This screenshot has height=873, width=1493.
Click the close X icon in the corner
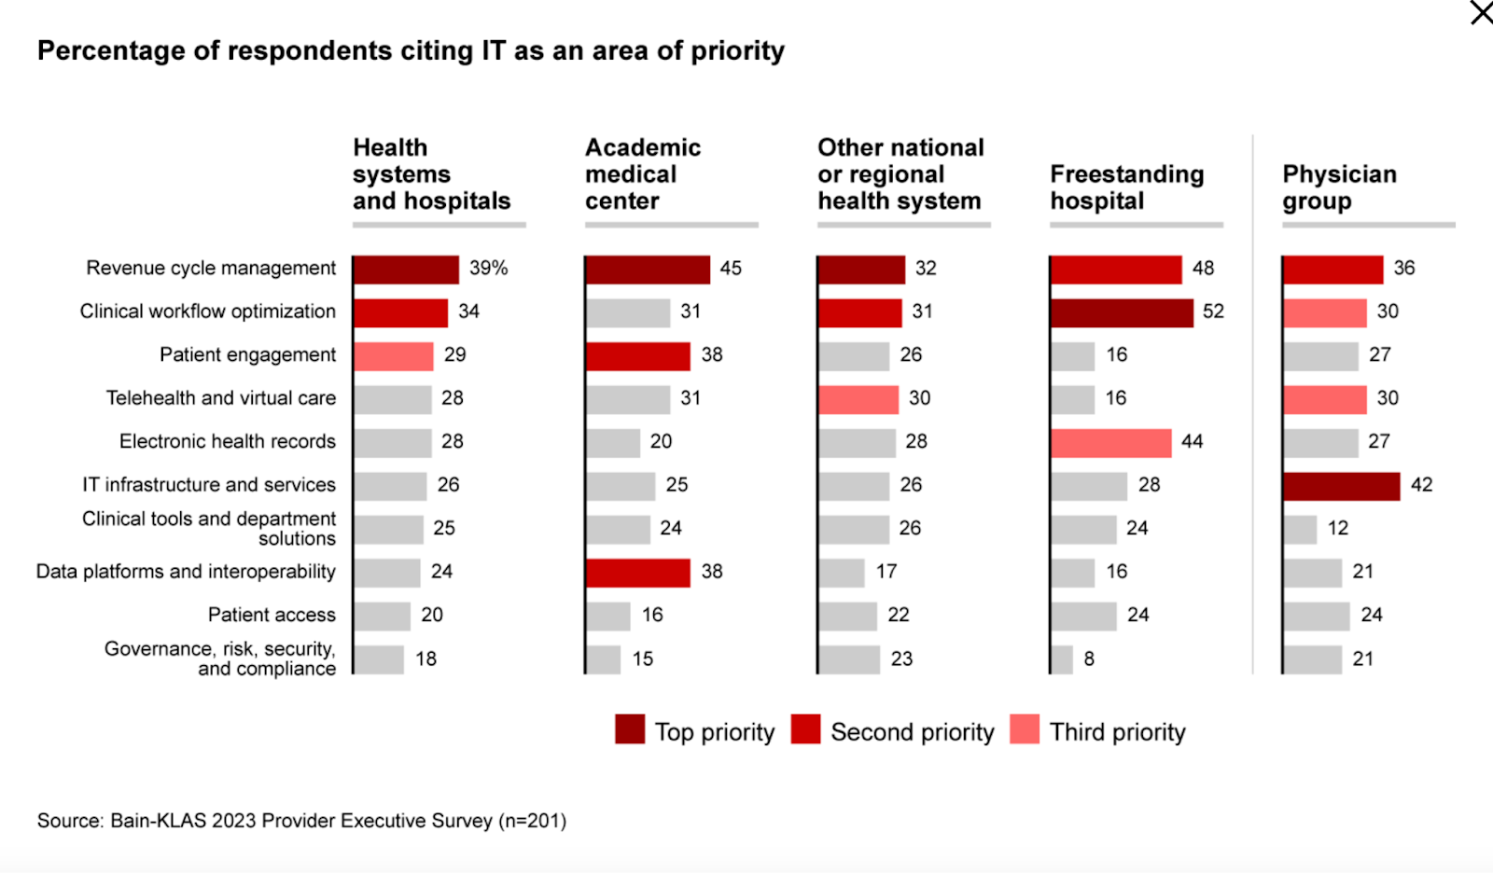(1481, 13)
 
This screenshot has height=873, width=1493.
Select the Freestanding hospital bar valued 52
(1122, 312)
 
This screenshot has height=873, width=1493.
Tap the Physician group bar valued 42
(1342, 486)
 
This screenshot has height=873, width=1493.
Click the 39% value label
(488, 269)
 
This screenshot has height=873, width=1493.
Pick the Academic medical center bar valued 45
(648, 270)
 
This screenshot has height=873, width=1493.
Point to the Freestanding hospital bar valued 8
(1062, 659)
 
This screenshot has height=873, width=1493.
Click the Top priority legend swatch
(630, 729)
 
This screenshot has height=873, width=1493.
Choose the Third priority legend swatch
(1025, 729)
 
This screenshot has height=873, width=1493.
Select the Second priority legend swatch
(805, 729)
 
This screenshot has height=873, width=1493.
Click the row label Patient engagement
(247, 355)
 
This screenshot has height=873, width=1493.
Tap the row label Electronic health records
(227, 442)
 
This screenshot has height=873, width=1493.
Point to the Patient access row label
(272, 616)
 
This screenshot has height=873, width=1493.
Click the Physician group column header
(1339, 187)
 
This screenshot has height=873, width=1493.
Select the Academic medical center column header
(643, 174)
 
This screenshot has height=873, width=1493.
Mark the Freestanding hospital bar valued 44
(1111, 443)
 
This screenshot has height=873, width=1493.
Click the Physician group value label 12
(1338, 529)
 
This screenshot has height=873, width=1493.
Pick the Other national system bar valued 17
(842, 573)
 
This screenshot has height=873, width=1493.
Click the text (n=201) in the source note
(532, 821)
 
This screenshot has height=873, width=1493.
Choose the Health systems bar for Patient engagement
(394, 356)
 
